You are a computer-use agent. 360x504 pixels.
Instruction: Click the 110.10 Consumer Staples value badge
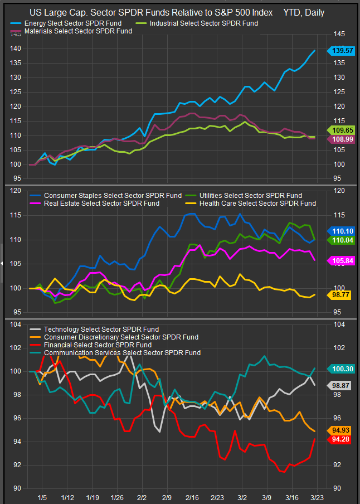[x=341, y=230]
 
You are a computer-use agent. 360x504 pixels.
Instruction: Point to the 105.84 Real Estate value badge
[x=341, y=260]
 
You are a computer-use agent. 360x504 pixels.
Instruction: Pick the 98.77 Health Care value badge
[x=341, y=295]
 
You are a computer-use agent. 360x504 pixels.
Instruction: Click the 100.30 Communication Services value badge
[x=341, y=369]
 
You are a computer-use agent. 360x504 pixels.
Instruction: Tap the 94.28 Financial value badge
[x=341, y=439]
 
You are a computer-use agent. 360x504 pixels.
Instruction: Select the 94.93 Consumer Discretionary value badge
[x=341, y=430]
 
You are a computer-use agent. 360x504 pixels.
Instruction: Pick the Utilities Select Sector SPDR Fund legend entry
[x=251, y=196]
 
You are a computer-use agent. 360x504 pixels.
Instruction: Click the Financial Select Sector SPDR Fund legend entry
[x=98, y=345]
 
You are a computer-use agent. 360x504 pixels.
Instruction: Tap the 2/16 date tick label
[x=193, y=497]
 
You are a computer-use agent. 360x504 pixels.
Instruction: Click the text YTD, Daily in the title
[x=304, y=12]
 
